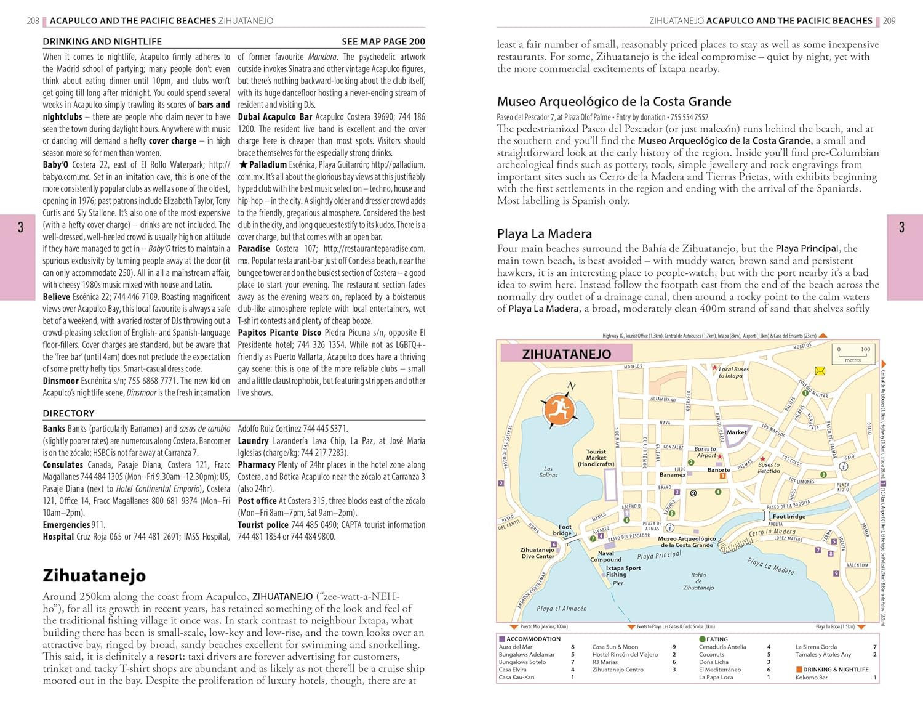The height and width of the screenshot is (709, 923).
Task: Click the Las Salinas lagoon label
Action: pos(548,471)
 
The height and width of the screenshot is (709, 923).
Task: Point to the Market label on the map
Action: pos(736,432)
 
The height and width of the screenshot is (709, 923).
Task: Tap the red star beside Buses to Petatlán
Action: pos(762,459)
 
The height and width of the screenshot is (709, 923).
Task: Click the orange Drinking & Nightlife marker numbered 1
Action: pos(723,476)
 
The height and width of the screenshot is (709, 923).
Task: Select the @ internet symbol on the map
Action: pos(693,493)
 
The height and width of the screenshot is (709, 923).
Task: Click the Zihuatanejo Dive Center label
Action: pos(537,553)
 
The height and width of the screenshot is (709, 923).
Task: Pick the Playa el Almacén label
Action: pos(561,609)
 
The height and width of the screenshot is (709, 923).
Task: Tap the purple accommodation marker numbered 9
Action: pos(836,573)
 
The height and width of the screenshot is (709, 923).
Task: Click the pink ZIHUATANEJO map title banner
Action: pos(567,354)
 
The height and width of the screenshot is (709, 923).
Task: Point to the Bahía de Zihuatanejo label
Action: pos(698,581)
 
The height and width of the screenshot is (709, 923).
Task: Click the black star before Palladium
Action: pos(243,164)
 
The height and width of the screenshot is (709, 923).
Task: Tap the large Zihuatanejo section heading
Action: pos(94,575)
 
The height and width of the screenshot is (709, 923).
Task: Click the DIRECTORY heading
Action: pos(68,413)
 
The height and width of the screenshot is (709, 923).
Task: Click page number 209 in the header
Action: pos(889,21)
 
